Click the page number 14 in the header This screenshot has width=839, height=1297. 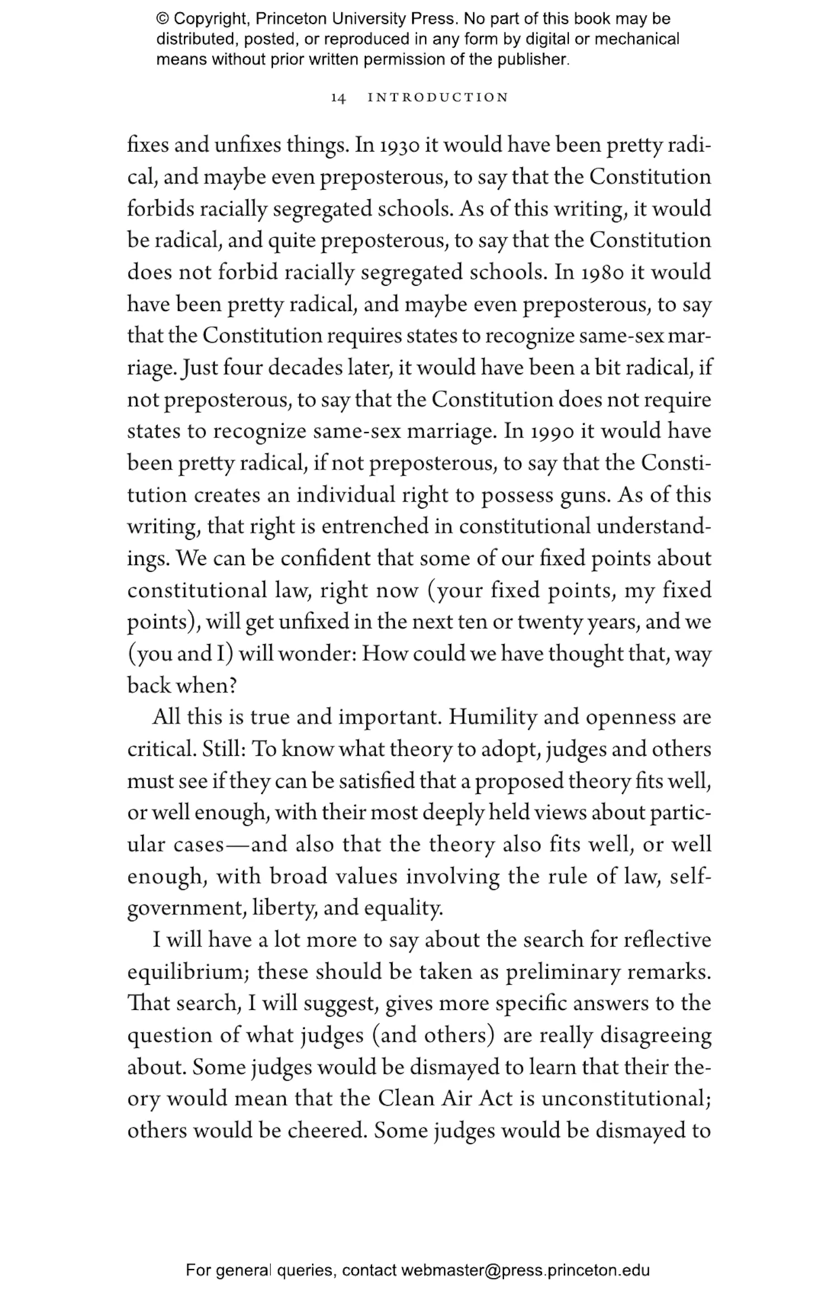tap(338, 98)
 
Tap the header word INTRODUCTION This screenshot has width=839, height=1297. tap(438, 97)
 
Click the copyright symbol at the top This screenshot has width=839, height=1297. tap(162, 19)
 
